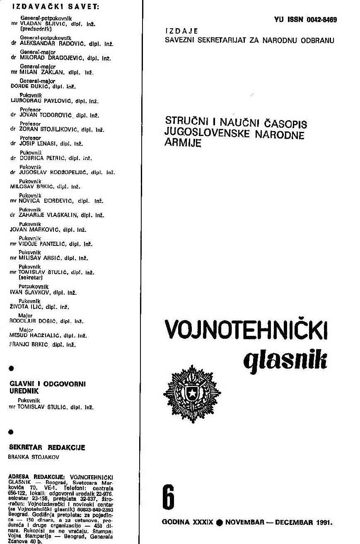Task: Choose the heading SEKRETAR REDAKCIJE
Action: point(47,447)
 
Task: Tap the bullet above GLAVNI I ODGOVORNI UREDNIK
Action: point(11,368)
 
